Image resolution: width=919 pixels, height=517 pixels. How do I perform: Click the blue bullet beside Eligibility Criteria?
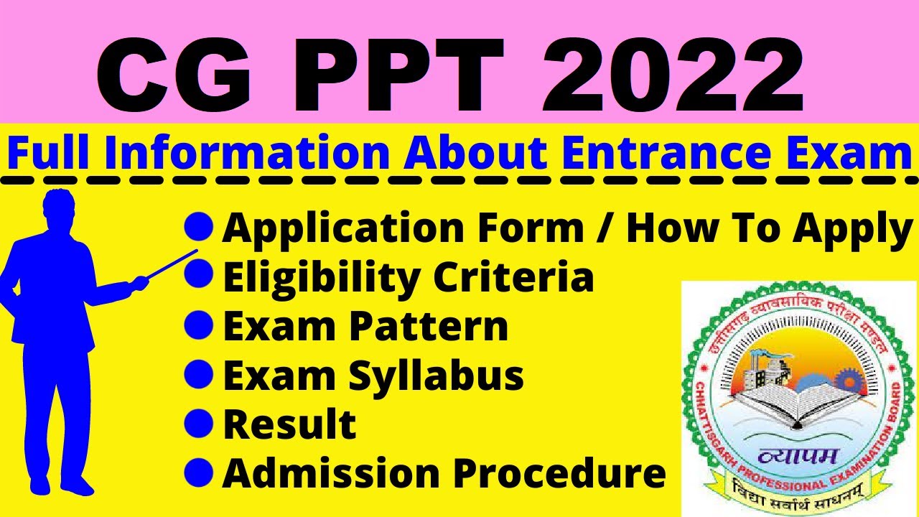click(x=199, y=276)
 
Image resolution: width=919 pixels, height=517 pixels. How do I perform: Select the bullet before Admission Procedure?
click(x=199, y=472)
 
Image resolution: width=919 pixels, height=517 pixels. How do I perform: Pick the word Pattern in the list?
click(x=429, y=327)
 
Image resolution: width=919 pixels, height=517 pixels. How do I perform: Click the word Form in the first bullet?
click(x=542, y=228)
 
